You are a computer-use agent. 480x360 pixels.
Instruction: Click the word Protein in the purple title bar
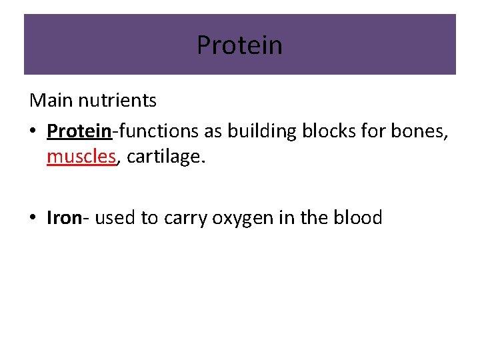click(239, 45)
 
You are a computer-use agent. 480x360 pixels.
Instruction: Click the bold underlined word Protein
click(79, 131)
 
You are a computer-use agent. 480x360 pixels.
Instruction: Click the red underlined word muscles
click(81, 158)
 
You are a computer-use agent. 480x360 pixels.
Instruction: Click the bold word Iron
click(64, 218)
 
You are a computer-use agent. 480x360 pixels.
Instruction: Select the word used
click(115, 218)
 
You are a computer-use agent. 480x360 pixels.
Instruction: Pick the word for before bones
click(369, 131)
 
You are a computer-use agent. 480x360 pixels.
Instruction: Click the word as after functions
click(213, 131)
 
